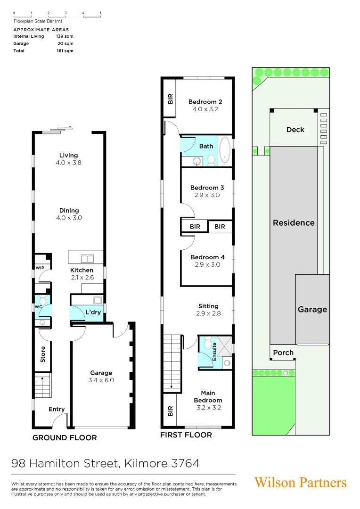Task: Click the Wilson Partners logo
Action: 300,483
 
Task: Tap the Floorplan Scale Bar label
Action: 38,21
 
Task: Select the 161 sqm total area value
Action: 65,51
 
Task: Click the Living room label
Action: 68,156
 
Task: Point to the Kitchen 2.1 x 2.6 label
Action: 82,274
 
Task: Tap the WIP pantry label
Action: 39,267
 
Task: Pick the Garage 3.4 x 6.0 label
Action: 101,376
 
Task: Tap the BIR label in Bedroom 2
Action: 170,99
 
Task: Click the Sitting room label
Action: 208,309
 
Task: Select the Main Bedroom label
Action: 208,397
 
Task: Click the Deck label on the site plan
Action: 295,130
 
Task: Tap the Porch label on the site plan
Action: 283,353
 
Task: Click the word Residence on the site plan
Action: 294,223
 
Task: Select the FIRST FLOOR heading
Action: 186,435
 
